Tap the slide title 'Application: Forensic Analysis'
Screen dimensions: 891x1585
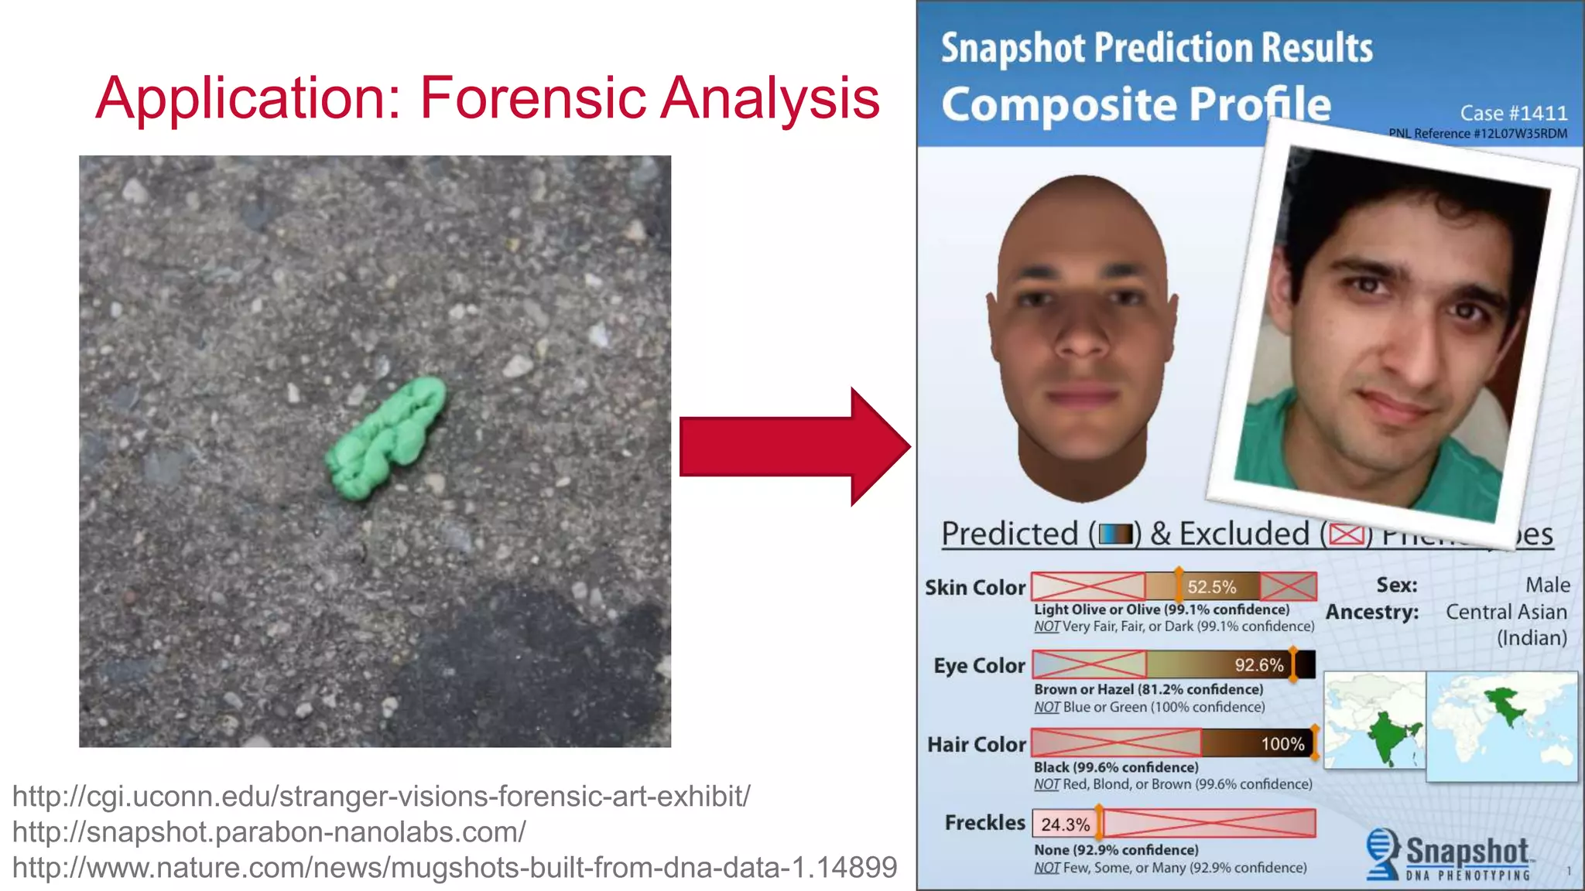pyautogui.click(x=488, y=98)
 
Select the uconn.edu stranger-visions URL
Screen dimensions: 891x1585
pyautogui.click(x=381, y=796)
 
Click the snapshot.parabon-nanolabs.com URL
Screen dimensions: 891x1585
pyautogui.click(x=269, y=831)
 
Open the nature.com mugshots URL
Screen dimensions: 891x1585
pyautogui.click(x=454, y=867)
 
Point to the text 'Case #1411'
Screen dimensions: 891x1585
pyautogui.click(x=1513, y=113)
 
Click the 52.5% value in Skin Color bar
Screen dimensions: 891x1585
pyautogui.click(x=1211, y=587)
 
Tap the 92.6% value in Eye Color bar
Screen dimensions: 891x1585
pyautogui.click(x=1258, y=665)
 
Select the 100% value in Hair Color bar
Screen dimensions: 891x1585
pyautogui.click(x=1282, y=744)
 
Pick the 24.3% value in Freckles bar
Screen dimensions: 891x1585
pyautogui.click(x=1065, y=824)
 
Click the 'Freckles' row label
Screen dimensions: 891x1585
pyautogui.click(x=984, y=822)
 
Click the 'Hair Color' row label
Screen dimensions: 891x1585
pyautogui.click(x=977, y=744)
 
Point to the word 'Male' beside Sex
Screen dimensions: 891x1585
pyautogui.click(x=1547, y=585)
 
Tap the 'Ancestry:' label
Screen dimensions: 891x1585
pyautogui.click(x=1372, y=612)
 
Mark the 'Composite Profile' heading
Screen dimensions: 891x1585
pyautogui.click(x=1136, y=104)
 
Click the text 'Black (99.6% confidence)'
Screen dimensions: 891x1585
pyautogui.click(x=1116, y=767)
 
